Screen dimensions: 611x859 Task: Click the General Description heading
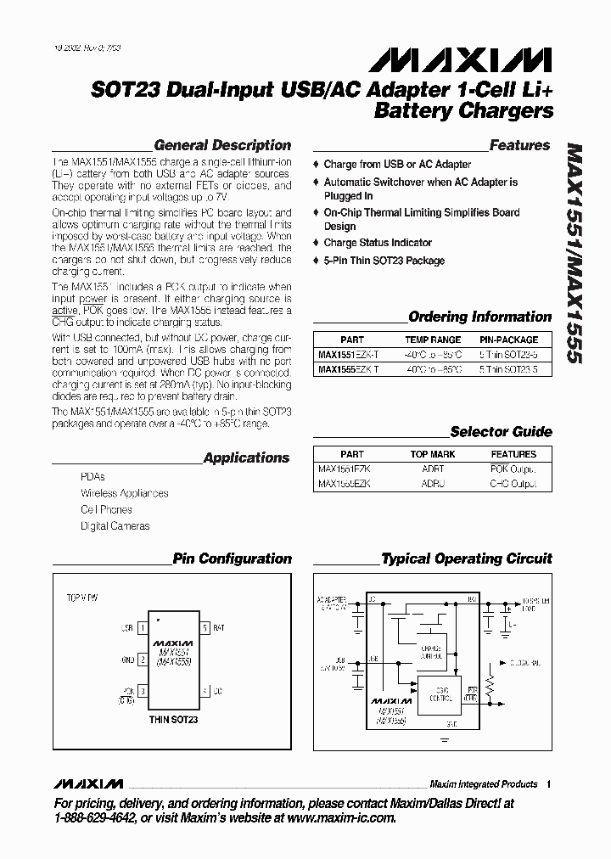(222, 145)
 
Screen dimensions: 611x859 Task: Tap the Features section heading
(519, 145)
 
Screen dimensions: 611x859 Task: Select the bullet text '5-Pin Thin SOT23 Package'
(384, 261)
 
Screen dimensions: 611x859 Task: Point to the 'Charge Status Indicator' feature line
(378, 243)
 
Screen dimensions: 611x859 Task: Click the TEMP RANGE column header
(434, 339)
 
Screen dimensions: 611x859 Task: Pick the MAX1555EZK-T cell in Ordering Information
(348, 369)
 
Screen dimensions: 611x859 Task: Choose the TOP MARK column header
(432, 454)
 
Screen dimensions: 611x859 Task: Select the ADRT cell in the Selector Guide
(432, 469)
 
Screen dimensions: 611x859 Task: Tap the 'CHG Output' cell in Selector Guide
(513, 484)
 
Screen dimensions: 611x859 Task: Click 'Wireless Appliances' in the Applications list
(125, 493)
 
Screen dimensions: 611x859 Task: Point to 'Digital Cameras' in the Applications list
(115, 526)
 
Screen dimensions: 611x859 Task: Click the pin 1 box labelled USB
(143, 628)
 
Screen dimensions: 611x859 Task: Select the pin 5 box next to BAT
(205, 628)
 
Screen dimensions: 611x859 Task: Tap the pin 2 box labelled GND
(143, 660)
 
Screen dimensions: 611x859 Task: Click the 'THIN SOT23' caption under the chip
(173, 720)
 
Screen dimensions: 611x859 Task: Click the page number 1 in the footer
(549, 784)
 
